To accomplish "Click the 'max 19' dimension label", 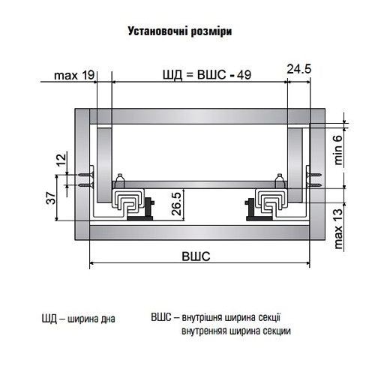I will click(x=73, y=74).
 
